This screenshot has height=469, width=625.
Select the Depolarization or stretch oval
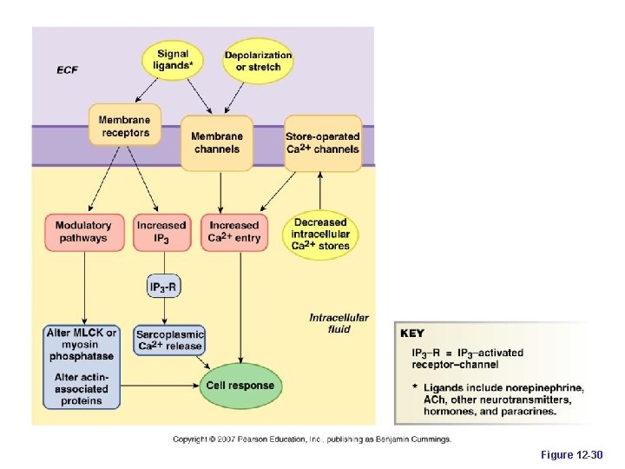[259, 61]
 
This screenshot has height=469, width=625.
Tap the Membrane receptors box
[125, 127]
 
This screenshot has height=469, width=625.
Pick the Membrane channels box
[217, 142]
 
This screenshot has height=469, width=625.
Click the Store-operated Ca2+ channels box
[322, 142]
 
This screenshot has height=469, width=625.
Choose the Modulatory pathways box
[83, 232]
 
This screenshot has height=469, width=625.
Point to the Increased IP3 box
[161, 232]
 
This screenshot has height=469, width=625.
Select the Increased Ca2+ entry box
[234, 232]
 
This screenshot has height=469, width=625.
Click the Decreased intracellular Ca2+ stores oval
[321, 234]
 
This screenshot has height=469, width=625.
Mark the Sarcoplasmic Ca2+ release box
[169, 340]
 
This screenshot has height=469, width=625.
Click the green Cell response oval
[240, 385]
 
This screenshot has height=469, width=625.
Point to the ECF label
[67, 69]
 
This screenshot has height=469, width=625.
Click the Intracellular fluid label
[339, 323]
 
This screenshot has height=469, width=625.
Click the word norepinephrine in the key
[546, 386]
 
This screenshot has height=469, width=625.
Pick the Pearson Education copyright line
[311, 439]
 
